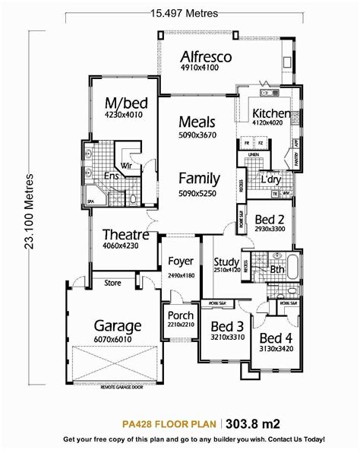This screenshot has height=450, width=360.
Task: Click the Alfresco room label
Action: coord(206,58)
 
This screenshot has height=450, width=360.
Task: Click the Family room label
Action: coord(200,179)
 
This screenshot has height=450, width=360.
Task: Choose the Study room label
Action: coord(226,263)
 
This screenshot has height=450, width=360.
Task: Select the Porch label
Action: coord(180,315)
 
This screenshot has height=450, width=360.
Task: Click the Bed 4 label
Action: coord(275,337)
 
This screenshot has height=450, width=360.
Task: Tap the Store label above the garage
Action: coord(112,283)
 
